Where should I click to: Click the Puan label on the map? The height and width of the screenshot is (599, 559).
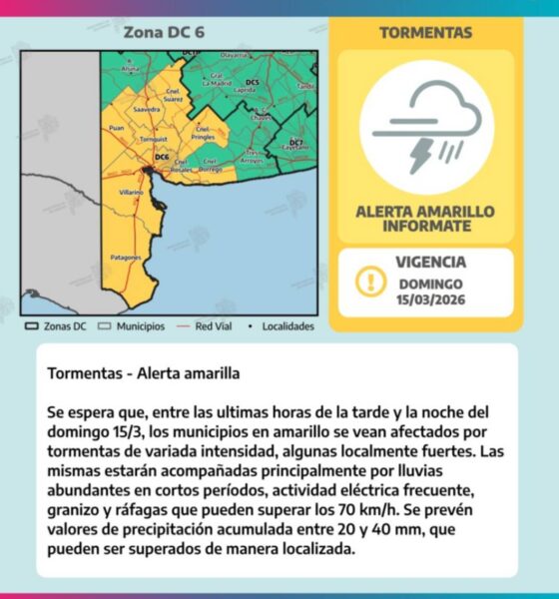pos(116,128)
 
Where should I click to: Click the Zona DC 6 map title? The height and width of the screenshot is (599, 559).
pos(164,32)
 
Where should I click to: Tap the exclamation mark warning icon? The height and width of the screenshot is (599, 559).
pos(371,282)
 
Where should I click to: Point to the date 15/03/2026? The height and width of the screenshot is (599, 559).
pos(430,299)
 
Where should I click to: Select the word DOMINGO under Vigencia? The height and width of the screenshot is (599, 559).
pos(430,283)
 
